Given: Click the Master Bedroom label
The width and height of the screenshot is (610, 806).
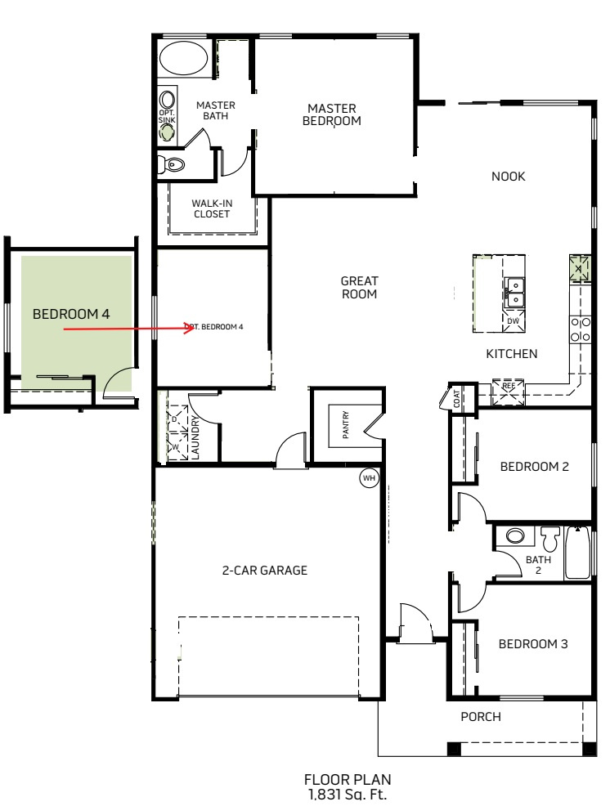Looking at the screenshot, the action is pyautogui.click(x=332, y=114).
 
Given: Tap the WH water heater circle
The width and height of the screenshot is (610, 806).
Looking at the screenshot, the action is pyautogui.click(x=369, y=478).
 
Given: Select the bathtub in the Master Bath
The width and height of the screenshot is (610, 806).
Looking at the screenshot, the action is pyautogui.click(x=184, y=58).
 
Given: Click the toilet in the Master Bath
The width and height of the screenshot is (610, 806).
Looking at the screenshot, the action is pyautogui.click(x=171, y=165).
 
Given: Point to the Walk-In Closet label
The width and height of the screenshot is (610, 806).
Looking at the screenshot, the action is pyautogui.click(x=212, y=208).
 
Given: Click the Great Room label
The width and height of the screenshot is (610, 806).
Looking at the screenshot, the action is pyautogui.click(x=360, y=288).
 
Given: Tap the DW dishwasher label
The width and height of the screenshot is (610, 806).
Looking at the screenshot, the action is pyautogui.click(x=514, y=320).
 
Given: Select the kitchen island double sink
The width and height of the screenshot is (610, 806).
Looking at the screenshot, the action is pyautogui.click(x=514, y=292).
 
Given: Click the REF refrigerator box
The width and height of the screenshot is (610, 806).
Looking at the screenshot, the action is pyautogui.click(x=509, y=392).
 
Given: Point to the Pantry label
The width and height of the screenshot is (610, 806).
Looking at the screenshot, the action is pyautogui.click(x=346, y=424).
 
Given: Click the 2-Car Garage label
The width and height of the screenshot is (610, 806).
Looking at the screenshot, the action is pyautogui.click(x=264, y=570).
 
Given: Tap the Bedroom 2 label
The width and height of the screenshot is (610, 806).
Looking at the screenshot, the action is pyautogui.click(x=535, y=467).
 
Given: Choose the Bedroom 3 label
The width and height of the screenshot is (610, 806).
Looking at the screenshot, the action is pyautogui.click(x=533, y=644).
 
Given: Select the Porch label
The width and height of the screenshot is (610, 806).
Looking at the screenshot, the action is pyautogui.click(x=481, y=717).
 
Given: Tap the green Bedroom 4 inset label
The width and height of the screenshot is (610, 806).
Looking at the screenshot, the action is pyautogui.click(x=71, y=314).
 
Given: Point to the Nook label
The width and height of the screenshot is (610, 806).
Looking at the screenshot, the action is pyautogui.click(x=508, y=177).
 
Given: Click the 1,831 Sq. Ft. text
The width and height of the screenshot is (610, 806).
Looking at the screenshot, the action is pyautogui.click(x=348, y=795).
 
